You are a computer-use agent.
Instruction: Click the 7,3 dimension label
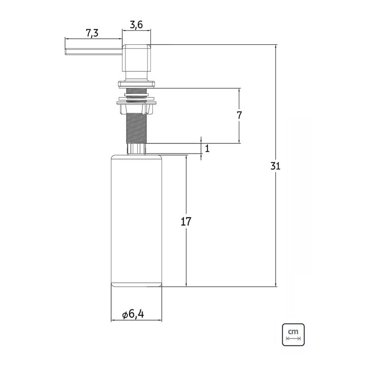tap(92, 33)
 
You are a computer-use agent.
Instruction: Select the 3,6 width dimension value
tap(136, 24)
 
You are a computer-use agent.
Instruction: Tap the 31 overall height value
tap(275, 166)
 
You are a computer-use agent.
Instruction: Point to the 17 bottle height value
tap(186, 221)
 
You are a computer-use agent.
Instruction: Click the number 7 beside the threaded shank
tap(239, 115)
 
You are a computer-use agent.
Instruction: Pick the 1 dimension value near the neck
tap(207, 149)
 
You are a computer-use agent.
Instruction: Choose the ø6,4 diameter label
tap(133, 314)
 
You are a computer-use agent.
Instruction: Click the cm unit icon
tap(293, 335)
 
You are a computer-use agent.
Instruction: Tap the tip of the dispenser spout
tap(65, 52)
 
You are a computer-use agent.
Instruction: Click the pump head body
tap(136, 58)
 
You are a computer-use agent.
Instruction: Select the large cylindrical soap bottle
tap(136, 221)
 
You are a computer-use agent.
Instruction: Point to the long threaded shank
tap(137, 127)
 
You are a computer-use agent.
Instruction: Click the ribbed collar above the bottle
tap(137, 149)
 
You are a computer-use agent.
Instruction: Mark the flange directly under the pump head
tap(137, 84)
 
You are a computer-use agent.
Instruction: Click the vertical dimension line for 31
tap(276, 166)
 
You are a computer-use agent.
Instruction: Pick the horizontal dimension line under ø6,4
tap(136, 320)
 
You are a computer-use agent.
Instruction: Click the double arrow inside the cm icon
tap(293, 339)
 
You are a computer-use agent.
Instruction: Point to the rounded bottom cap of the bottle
tap(136, 285)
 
